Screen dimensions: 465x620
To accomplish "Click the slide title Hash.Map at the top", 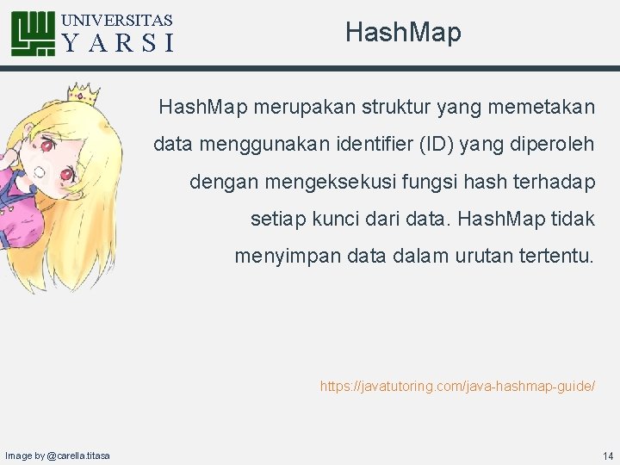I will [403, 33].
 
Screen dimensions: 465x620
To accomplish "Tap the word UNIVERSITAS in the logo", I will [118, 20].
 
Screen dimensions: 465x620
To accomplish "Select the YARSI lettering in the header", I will [118, 43].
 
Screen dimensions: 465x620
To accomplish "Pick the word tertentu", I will [553, 256].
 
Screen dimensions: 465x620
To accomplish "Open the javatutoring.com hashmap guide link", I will [457, 387].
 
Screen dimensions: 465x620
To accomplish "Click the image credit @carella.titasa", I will [57, 455].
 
